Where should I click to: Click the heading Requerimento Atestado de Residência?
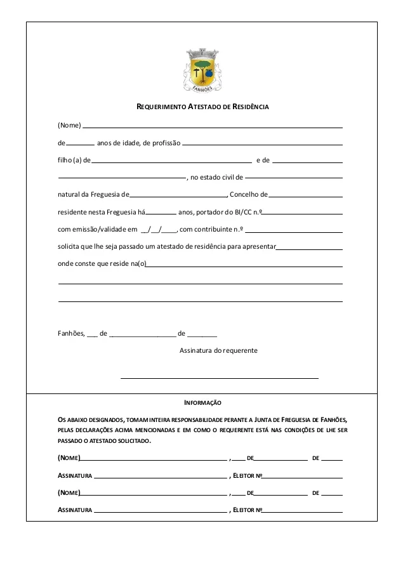coord(203,107)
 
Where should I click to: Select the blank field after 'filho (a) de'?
coord(171,161)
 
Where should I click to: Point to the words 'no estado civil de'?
coord(216,178)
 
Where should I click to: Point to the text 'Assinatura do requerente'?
coord(219,350)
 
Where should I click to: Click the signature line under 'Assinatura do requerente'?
coord(219,378)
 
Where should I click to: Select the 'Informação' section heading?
coord(202,402)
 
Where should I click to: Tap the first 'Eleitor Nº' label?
coord(248,475)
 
